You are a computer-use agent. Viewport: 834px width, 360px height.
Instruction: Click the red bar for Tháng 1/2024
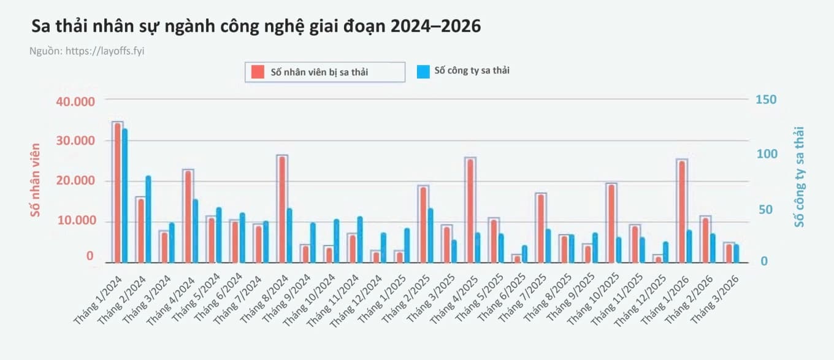point(117,193)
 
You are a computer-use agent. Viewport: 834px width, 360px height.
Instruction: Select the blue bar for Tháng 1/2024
point(124,196)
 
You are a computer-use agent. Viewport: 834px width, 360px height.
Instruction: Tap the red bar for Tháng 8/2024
point(281,209)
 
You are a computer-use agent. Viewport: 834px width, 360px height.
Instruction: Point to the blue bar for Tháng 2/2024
point(148,219)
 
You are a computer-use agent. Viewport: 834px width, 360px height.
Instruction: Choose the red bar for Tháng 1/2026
point(682,211)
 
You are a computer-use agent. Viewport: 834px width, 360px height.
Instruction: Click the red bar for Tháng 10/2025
point(611,223)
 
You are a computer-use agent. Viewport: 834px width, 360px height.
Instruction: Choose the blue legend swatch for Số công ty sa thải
point(423,71)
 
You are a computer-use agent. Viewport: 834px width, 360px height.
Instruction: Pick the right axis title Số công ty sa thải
point(798,177)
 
